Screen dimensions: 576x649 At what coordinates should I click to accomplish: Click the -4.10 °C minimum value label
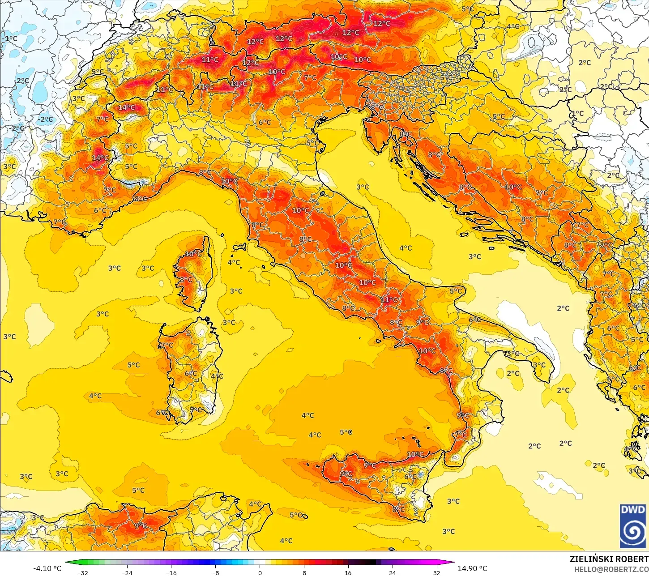(47, 568)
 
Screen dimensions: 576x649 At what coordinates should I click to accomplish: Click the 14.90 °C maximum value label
(472, 568)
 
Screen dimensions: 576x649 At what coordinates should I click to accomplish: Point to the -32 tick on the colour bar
(83, 572)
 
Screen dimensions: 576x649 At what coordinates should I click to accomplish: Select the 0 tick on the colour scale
(260, 572)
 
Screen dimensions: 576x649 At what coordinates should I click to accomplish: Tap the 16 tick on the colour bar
(348, 572)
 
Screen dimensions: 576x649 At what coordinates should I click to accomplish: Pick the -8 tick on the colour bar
(215, 572)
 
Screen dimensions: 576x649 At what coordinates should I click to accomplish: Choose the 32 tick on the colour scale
(436, 572)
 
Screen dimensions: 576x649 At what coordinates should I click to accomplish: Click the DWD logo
(633, 526)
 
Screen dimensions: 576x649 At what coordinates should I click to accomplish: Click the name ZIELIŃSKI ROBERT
(609, 559)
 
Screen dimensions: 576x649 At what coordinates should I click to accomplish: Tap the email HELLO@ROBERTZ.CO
(611, 569)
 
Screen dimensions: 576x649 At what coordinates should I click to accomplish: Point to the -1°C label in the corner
(10, 38)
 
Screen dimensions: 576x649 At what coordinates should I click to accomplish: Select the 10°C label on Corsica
(193, 254)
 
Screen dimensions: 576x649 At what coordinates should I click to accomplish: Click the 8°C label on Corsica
(186, 280)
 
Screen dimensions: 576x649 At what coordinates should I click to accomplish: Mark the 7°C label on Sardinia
(167, 345)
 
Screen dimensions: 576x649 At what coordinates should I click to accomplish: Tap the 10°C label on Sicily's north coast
(415, 454)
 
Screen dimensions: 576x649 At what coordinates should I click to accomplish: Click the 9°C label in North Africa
(141, 525)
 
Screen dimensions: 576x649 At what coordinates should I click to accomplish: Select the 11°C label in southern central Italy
(389, 299)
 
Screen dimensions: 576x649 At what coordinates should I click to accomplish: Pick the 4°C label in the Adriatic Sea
(406, 248)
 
